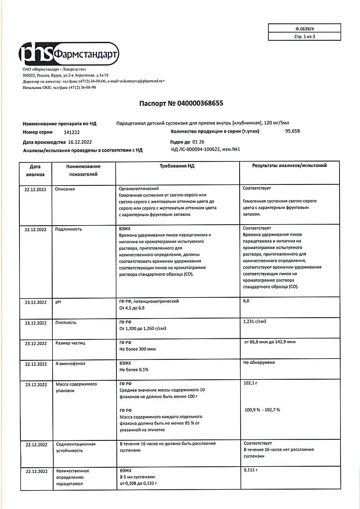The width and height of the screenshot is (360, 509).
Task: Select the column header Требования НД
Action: coord(177,166)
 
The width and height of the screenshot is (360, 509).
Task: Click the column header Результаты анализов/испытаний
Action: coord(289,166)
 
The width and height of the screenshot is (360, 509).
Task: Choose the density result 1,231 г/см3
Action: coord(256,322)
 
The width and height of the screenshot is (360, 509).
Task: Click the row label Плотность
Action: coord(66,323)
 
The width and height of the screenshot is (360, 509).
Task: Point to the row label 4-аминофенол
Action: coord(71,363)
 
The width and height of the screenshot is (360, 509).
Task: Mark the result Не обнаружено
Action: coord(259,363)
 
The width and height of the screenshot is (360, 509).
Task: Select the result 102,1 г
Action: coord(251,383)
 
